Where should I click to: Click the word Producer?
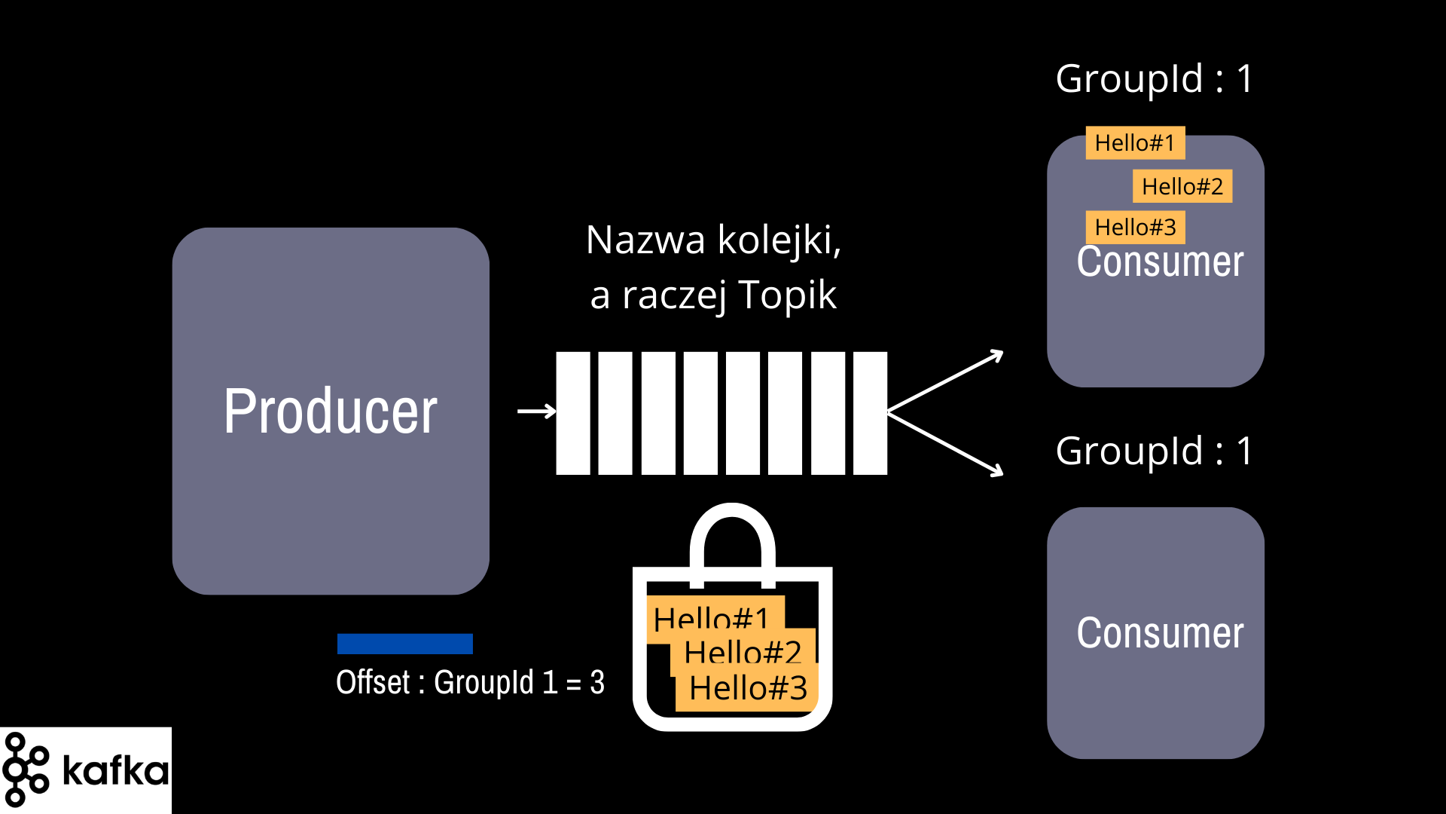click(330, 412)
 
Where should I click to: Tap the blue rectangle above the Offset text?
click(405, 644)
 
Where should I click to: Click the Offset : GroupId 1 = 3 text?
click(470, 682)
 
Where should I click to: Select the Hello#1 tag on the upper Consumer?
click(1135, 142)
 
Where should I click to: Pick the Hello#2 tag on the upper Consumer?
click(1182, 186)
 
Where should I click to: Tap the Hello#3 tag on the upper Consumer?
click(1135, 227)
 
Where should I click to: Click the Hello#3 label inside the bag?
click(747, 687)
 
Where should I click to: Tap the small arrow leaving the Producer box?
click(536, 412)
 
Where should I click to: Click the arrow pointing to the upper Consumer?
click(945, 381)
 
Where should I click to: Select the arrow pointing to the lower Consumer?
click(945, 445)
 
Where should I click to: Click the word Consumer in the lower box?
click(1160, 633)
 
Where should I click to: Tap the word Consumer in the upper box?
click(1160, 262)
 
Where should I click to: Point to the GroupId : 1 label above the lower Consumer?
click(1154, 451)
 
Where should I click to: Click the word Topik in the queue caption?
click(787, 295)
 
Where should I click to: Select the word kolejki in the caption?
click(779, 240)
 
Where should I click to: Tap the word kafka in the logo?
click(115, 770)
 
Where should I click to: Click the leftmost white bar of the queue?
click(573, 413)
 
